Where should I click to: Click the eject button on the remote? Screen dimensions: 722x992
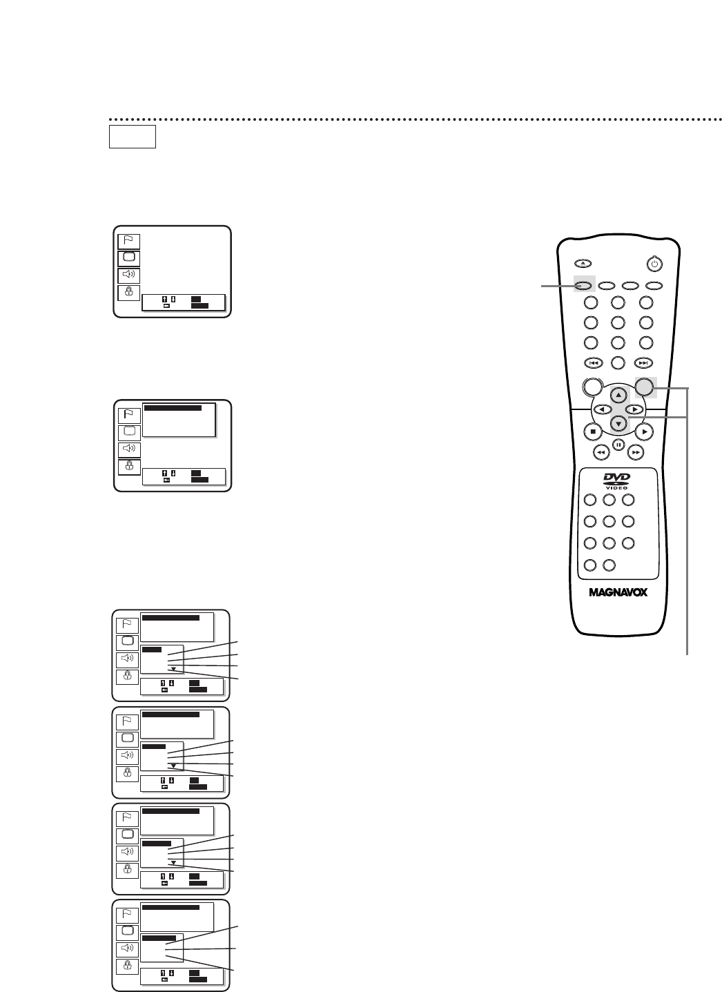pyautogui.click(x=583, y=263)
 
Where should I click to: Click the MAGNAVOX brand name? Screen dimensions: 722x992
pyautogui.click(x=618, y=592)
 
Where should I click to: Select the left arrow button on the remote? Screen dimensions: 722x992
pyautogui.click(x=602, y=409)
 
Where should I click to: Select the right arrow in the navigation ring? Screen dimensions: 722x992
pyautogui.click(x=635, y=409)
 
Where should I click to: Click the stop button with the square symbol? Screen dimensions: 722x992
pyautogui.click(x=592, y=431)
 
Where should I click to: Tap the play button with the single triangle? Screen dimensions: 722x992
pyautogui.click(x=644, y=431)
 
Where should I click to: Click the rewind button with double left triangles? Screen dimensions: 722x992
pyautogui.click(x=601, y=451)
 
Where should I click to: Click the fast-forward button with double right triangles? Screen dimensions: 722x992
pyautogui.click(x=636, y=451)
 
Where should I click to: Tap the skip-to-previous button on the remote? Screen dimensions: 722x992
pyautogui.click(x=592, y=362)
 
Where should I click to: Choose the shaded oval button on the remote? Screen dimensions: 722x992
pyautogui.click(x=583, y=284)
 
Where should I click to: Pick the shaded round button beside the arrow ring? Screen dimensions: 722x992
pyautogui.click(x=645, y=387)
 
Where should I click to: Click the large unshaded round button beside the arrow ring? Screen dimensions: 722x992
pyautogui.click(x=592, y=387)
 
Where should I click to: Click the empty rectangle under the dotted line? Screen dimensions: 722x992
pyautogui.click(x=132, y=137)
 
